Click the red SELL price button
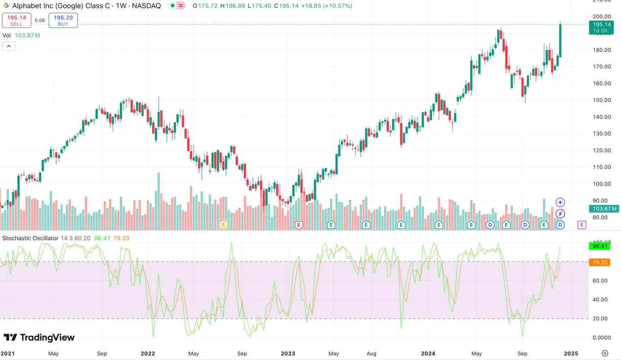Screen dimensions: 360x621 click(17, 20)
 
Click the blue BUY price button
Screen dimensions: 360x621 click(63, 20)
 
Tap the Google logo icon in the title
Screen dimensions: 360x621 click(6, 6)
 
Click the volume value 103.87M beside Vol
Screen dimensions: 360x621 click(27, 35)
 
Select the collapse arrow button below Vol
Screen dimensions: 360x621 click(9, 46)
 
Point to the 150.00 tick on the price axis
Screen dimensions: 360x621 click(602, 100)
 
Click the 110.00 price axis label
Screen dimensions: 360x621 click(602, 167)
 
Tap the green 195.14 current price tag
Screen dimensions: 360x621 click(601, 27)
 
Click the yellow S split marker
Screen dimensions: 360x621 click(223, 224)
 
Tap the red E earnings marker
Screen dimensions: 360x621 click(298, 224)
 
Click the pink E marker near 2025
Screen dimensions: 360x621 click(582, 224)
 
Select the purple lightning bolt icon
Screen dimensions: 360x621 click(560, 214)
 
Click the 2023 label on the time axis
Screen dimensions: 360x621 click(288, 354)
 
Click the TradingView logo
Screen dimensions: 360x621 click(39, 337)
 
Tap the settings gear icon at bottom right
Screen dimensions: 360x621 click(605, 354)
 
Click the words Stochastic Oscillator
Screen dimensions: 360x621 click(31, 238)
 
